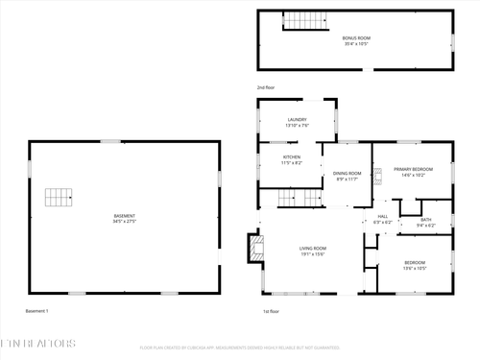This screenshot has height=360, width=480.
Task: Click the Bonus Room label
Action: pos(356,38)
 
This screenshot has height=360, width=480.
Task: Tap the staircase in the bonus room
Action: pos(304,20)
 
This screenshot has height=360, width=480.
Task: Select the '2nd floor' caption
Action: pos(267,87)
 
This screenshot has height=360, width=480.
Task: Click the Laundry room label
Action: pos(297,119)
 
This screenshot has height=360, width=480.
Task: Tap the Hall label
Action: pos(382,217)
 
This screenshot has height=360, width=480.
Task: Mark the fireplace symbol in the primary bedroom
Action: pos(377,175)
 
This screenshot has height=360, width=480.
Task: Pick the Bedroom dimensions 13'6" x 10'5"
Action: pos(415,268)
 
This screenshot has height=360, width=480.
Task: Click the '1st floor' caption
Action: pos(271,311)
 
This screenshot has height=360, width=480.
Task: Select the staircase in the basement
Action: pos(60,198)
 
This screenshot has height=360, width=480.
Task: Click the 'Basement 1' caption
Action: pos(36,311)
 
